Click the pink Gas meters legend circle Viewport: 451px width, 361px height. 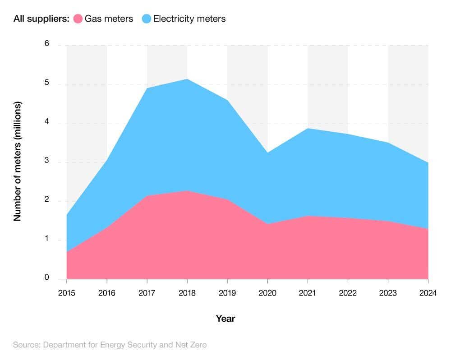78,19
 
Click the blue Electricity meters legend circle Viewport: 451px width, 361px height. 147,19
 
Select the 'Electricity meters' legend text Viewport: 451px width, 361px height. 189,19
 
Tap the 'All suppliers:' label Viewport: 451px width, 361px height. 41,19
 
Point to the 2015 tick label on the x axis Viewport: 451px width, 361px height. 67,293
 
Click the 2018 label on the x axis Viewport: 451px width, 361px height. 187,293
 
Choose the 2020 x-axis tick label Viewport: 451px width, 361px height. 267,293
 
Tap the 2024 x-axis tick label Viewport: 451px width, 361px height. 428,293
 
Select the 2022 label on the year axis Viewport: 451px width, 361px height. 348,293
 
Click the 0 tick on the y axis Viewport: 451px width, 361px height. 47,278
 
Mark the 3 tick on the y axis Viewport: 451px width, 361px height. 47,162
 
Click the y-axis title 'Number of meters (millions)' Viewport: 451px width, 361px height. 18,161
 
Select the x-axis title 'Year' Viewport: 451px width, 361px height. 225,319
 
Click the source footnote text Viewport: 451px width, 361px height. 110,345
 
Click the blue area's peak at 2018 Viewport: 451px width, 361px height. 187,79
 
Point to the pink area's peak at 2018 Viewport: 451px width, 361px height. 187,191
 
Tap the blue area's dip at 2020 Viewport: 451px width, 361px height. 267,153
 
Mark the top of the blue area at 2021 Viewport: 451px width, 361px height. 308,129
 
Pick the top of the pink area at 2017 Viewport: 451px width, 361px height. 147,196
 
